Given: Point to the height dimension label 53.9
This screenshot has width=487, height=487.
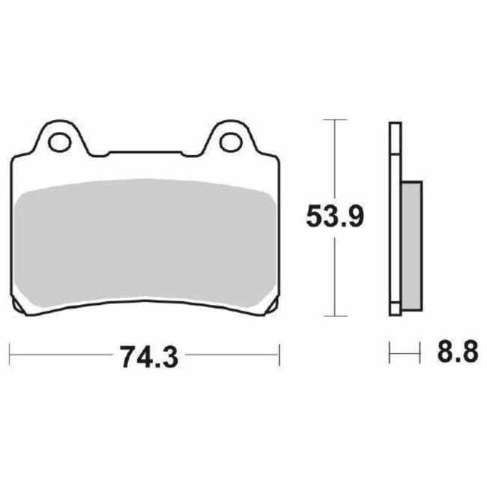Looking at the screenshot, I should pyautogui.click(x=335, y=217).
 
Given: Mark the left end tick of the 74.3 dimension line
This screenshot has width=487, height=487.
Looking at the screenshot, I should pyautogui.click(x=10, y=350).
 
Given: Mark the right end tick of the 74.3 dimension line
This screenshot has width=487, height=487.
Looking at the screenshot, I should pyautogui.click(x=279, y=350).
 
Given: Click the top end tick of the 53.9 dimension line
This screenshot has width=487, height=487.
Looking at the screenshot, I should pyautogui.click(x=334, y=120).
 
